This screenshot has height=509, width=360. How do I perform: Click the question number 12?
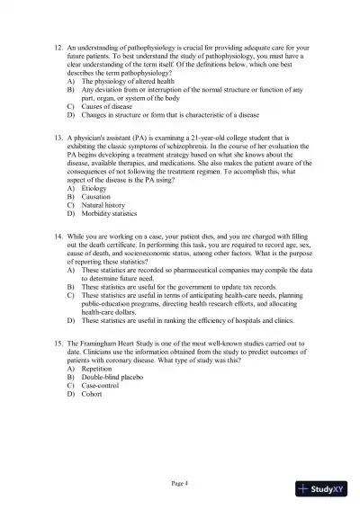[58, 45]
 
